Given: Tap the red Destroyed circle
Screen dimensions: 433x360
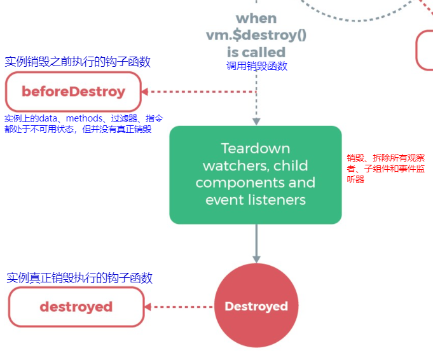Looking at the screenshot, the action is tap(256, 305).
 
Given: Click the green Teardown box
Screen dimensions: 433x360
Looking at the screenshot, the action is tap(256, 175).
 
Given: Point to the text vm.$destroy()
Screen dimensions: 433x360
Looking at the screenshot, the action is tap(256, 35).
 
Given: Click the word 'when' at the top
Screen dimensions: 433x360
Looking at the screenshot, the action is tap(256, 18).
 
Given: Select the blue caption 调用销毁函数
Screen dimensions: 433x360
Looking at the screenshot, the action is tap(257, 66).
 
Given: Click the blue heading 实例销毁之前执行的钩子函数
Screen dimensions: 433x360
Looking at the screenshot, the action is tap(78, 61).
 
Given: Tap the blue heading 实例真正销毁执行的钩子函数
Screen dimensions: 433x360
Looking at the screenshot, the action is tap(79, 278).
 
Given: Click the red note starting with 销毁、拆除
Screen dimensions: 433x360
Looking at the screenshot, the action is tap(386, 169).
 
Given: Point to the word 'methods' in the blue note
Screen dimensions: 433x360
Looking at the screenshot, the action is tap(84, 118).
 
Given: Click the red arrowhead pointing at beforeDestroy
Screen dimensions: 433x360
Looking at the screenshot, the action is tap(145, 92).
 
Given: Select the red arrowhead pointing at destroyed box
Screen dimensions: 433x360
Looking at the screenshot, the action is tap(148, 307).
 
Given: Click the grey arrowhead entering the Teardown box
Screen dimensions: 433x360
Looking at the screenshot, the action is tap(256, 121).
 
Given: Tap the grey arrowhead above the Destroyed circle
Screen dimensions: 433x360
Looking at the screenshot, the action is tap(256, 259).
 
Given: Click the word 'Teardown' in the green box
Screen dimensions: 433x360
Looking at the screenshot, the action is tap(256, 148).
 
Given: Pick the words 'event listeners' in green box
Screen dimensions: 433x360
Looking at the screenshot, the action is tap(256, 200).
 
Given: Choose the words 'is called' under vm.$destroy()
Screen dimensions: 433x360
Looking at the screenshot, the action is tap(256, 52).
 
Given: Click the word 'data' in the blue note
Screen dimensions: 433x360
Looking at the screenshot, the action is tap(48, 118).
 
